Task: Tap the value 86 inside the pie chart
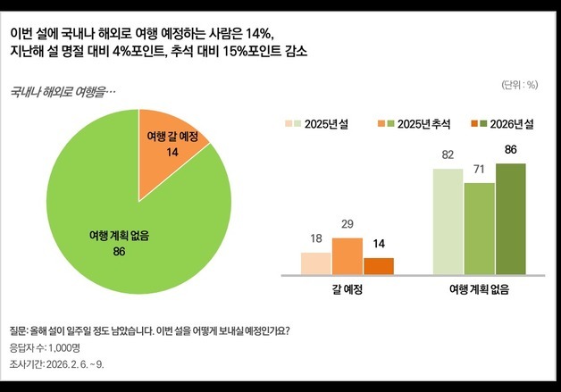[119, 251]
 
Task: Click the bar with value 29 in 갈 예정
[347, 256]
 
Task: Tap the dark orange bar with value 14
[379, 266]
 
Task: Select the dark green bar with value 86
[511, 219]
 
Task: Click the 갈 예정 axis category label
[347, 290]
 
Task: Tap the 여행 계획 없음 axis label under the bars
[480, 290]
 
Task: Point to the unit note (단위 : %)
[519, 86]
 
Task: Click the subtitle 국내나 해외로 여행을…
[62, 91]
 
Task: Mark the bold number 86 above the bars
[511, 149]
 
